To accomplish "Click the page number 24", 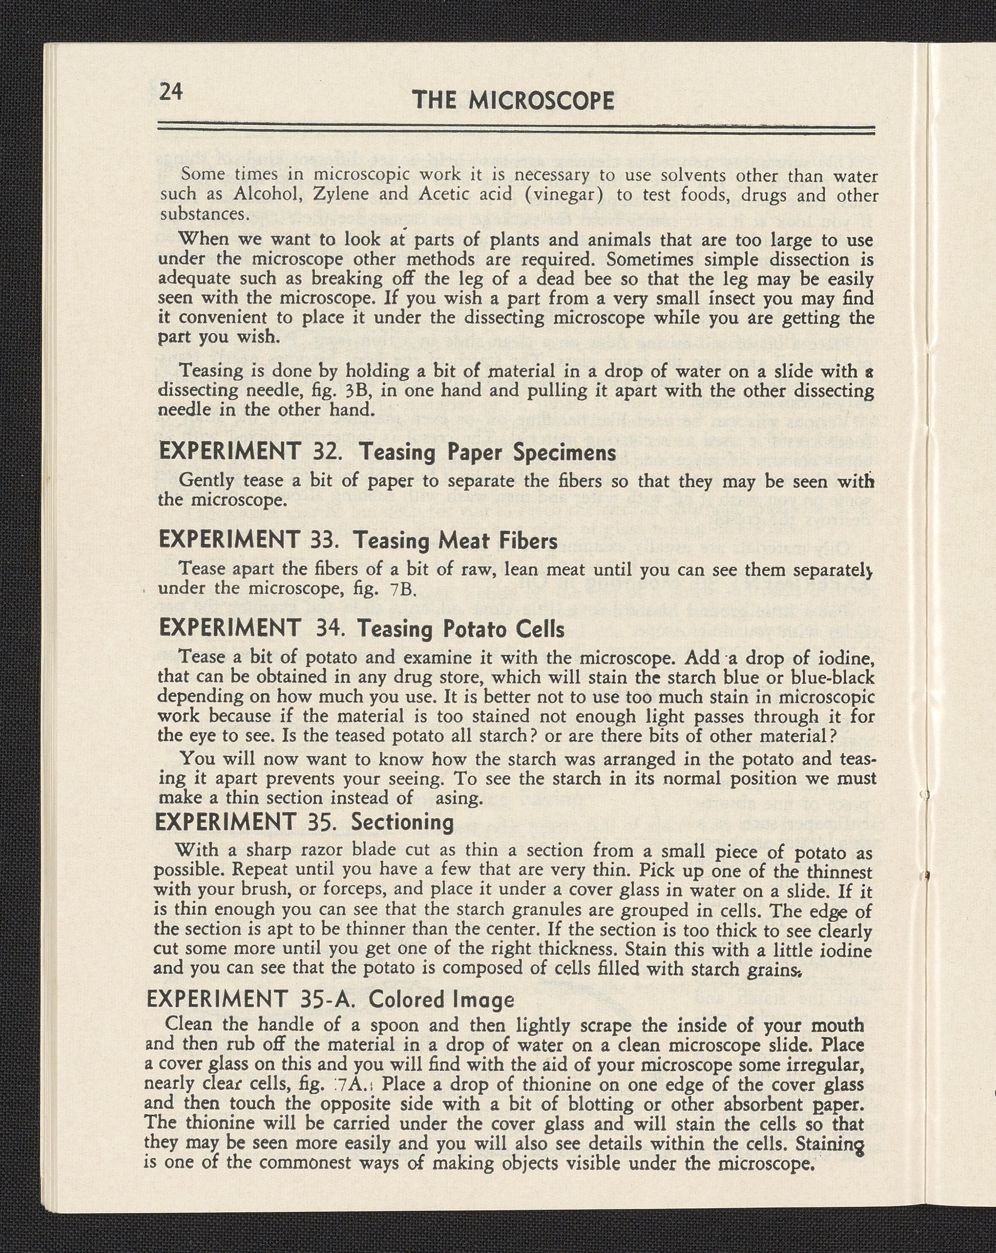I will pos(171,92).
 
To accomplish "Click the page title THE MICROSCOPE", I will pos(513,101).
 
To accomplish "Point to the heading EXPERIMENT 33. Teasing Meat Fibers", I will pos(358,541).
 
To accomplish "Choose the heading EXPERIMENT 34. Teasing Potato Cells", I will pos(362,628).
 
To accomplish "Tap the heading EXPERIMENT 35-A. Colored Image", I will pos(331,999).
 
